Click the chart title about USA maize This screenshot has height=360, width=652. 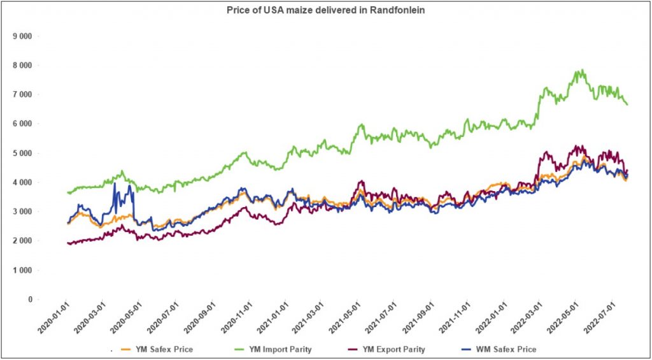point(325,10)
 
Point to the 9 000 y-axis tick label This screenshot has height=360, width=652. point(24,36)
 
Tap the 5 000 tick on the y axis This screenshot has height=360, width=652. point(24,153)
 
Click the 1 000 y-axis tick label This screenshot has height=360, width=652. point(24,271)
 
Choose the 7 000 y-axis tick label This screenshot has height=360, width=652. point(24,95)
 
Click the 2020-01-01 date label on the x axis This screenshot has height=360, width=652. point(53,321)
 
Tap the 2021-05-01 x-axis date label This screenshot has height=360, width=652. point(344,321)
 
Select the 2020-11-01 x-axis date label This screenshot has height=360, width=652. point(236,321)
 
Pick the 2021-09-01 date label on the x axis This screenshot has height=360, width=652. point(418,321)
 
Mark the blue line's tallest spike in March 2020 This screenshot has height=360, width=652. point(115,183)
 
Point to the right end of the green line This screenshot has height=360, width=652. point(627,104)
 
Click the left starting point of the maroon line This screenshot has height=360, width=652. point(67,243)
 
